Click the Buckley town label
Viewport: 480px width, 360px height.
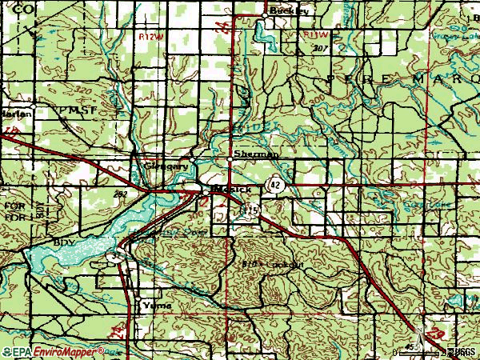283,11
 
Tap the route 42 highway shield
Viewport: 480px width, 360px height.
275,185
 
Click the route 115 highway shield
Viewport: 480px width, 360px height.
252,209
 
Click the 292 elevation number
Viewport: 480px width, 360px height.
120,194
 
